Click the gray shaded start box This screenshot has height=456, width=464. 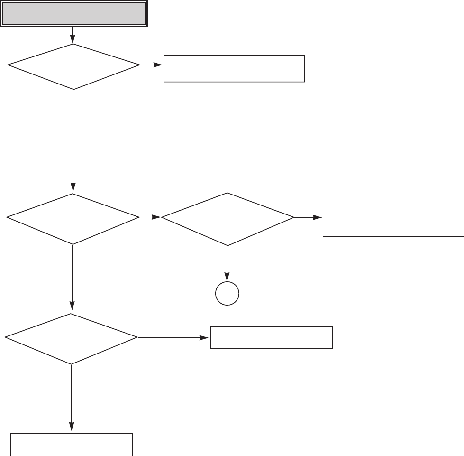(x=73, y=14)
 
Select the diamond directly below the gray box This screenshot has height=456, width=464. (x=73, y=66)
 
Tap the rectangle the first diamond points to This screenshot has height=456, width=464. (x=234, y=69)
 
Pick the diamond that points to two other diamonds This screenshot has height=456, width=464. (x=73, y=218)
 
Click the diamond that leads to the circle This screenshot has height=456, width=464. (x=227, y=218)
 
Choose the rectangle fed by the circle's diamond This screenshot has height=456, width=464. (x=393, y=218)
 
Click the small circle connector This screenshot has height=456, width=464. (x=227, y=294)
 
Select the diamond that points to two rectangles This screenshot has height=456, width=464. (x=72, y=338)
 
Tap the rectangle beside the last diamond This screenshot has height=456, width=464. (x=271, y=337)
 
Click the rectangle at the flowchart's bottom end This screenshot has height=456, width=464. (x=72, y=444)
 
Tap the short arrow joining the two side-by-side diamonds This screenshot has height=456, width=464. (x=150, y=218)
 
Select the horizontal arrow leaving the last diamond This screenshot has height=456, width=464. (x=173, y=338)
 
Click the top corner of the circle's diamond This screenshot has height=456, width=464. (x=227, y=193)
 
